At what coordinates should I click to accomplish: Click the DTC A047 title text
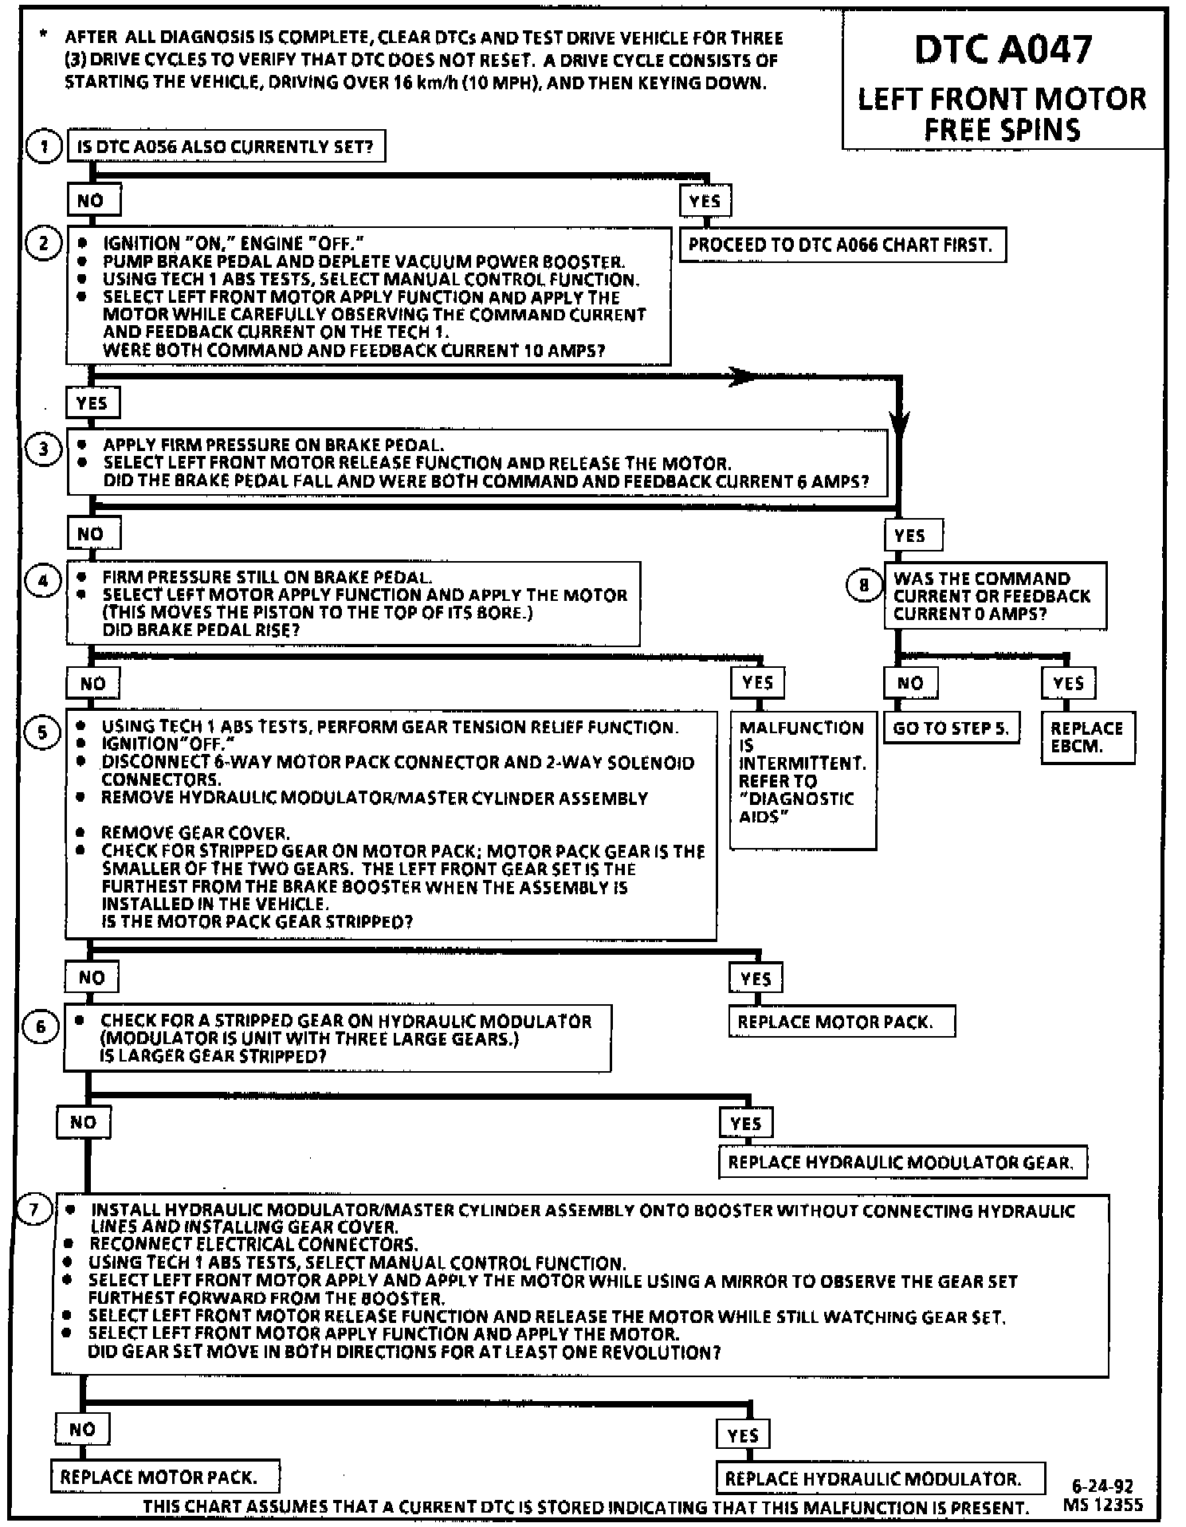coord(1002,50)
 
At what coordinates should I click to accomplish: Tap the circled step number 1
coord(44,147)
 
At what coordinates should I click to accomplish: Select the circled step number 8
coord(863,586)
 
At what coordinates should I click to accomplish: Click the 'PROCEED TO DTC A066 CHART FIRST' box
coord(842,245)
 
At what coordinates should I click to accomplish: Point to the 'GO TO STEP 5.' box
coord(951,728)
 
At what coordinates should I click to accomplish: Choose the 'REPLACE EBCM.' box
coord(1087,737)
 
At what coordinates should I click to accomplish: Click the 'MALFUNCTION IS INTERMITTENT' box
coord(803,779)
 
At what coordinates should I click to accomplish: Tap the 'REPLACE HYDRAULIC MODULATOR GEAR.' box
coord(901,1162)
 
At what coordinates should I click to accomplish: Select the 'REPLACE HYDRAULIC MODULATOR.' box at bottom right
coord(880,1479)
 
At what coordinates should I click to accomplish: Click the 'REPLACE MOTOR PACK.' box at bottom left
coord(165,1477)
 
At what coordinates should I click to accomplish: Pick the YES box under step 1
coord(705,201)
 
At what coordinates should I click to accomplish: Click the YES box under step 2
coord(92,403)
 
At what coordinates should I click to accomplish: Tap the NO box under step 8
coord(910,683)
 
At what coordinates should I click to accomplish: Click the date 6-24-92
coord(1102,1486)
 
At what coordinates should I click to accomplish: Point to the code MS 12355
coord(1102,1505)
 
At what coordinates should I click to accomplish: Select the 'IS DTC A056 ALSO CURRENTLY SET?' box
coord(226,147)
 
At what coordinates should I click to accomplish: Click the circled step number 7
coord(33,1210)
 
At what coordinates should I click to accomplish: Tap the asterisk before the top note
coord(44,36)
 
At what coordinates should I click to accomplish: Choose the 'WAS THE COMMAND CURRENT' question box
coord(995,596)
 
